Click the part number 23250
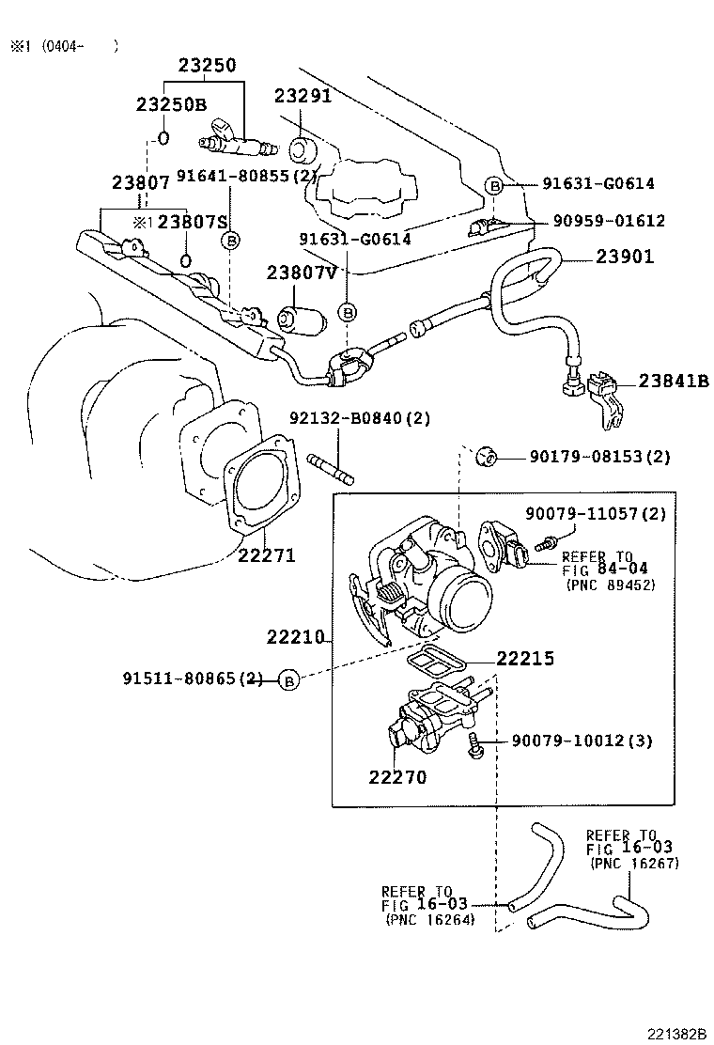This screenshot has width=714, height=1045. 208,66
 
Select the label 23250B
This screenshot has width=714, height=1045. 170,104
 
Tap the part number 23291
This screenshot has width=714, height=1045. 303,96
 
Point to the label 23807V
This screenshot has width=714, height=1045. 301,273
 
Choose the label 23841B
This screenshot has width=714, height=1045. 673,381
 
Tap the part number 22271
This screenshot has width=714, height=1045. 266,555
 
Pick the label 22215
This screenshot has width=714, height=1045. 524,659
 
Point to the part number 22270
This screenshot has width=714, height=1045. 396,777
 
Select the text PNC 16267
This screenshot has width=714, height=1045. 635,863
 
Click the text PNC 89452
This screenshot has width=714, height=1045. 610,585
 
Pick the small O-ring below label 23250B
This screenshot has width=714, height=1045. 163,139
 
